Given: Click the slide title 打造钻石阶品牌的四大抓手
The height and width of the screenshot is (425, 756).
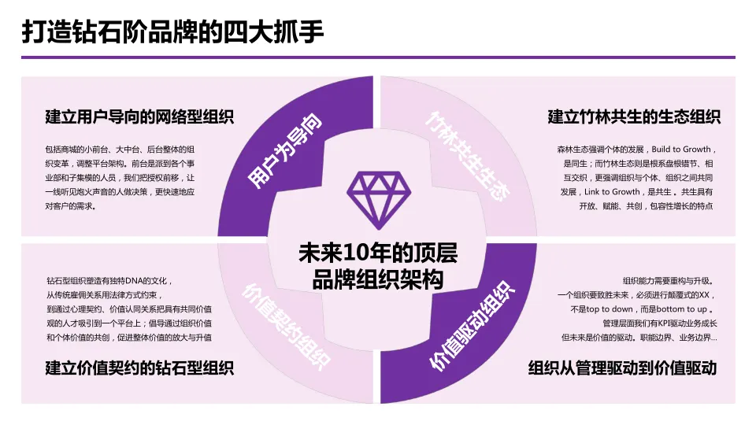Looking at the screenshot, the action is tap(172, 32).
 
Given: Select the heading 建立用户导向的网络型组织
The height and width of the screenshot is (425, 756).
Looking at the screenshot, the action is tap(139, 116).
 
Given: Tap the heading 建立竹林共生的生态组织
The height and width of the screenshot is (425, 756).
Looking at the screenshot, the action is tap(634, 116).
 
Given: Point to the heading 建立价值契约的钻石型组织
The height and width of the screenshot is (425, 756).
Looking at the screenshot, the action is tap(139, 367).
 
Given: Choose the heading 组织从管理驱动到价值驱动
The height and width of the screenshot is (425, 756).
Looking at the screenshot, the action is tap(622, 367).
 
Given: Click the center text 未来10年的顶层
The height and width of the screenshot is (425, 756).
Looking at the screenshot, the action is tap(377, 253).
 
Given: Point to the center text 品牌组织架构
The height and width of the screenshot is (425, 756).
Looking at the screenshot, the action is tap(377, 279).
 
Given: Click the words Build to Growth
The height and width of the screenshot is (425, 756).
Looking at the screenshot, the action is tap(680, 149).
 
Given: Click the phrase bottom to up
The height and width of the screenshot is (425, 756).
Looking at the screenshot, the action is tap(684, 309).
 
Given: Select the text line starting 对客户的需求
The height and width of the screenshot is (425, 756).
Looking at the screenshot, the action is tap(71, 206).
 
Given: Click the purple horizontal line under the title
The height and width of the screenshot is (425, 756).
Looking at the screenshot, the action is tap(378, 57).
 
